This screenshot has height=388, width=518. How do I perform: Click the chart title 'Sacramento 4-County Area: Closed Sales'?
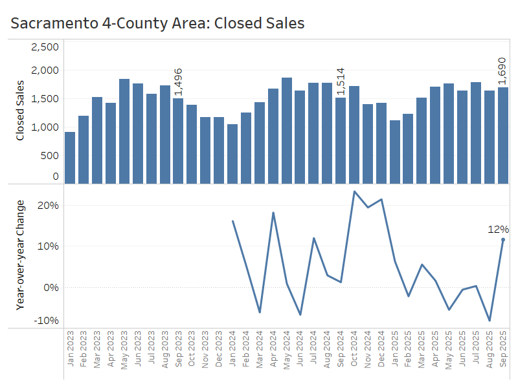(157, 23)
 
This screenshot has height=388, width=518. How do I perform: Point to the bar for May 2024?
(286, 130)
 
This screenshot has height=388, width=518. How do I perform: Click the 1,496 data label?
(178, 82)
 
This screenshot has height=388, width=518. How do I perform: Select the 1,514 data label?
(341, 82)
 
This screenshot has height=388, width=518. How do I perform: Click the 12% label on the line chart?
(499, 229)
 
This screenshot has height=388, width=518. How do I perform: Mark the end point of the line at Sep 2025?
(503, 240)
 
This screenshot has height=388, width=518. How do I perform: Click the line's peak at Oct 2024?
(354, 191)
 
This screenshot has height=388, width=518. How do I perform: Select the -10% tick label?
(47, 321)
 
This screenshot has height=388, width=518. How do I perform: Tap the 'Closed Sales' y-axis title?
(20, 110)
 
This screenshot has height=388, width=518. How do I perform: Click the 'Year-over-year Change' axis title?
(20, 255)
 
